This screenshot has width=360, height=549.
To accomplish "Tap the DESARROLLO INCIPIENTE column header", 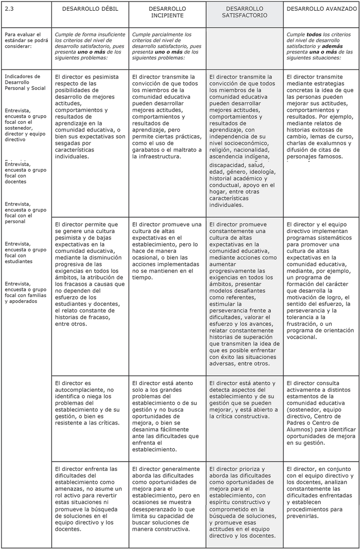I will point(167,12).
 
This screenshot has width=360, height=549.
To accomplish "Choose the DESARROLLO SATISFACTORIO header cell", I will point(244,12).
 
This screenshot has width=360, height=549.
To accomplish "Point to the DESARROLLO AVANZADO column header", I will point(321,9).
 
